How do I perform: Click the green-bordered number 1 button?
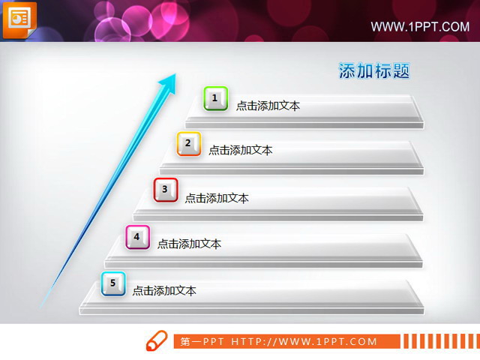click(x=215, y=98)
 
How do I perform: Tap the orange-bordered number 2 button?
click(x=188, y=143)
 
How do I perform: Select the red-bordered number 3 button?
click(x=166, y=190)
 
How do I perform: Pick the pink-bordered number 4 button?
click(x=137, y=237)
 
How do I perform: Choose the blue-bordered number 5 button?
click(x=113, y=283)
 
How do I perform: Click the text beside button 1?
click(x=268, y=106)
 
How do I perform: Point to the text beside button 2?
click(x=240, y=150)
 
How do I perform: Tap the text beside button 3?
click(x=217, y=198)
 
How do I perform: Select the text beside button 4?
click(x=189, y=244)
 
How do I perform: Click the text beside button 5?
click(x=164, y=290)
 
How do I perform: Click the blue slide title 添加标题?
click(x=374, y=71)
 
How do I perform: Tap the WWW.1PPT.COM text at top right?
click(x=420, y=27)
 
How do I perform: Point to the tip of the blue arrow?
click(x=175, y=75)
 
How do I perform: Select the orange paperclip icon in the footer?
click(x=156, y=341)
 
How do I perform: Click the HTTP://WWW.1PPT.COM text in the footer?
click(x=304, y=342)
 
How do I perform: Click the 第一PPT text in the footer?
click(x=202, y=342)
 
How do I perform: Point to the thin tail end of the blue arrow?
click(x=43, y=303)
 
